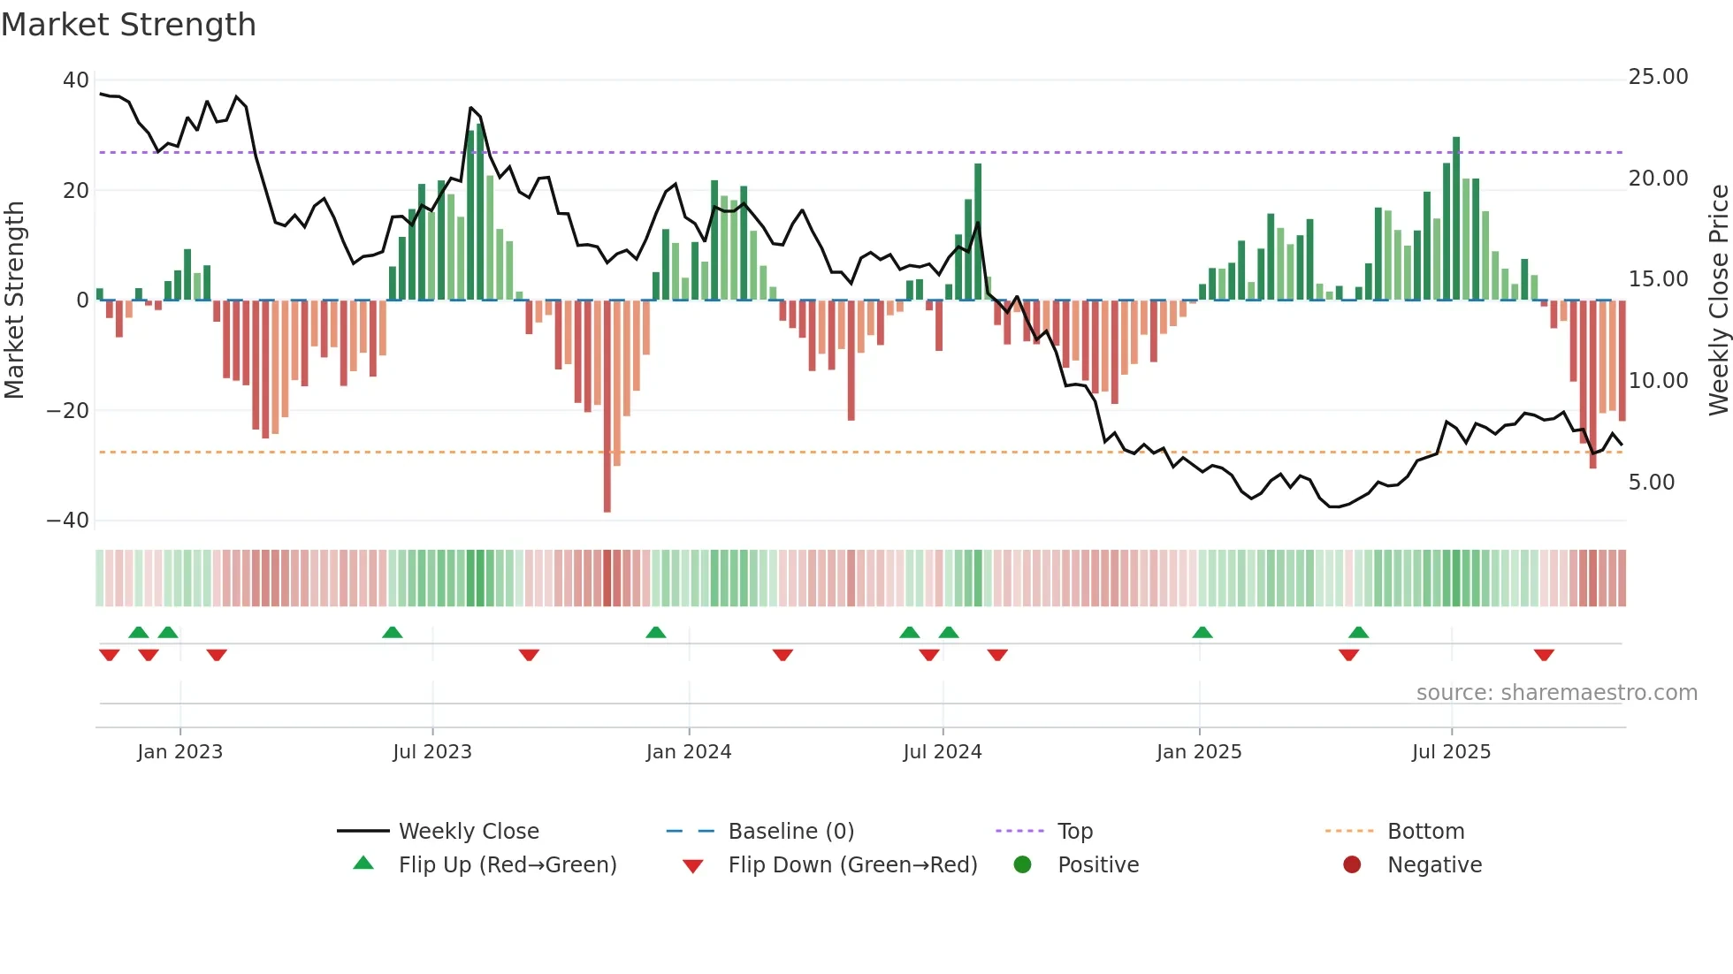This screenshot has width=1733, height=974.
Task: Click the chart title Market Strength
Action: [128, 25]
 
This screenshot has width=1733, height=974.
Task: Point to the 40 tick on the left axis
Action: [76, 80]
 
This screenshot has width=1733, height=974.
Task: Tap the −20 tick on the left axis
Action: [68, 411]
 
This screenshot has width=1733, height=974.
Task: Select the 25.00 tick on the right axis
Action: [1658, 77]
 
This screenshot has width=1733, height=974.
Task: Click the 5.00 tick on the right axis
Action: [1651, 483]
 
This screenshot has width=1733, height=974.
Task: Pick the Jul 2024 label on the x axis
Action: [942, 752]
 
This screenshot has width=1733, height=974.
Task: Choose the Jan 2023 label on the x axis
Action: [179, 752]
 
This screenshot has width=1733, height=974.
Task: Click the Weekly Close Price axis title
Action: [1718, 301]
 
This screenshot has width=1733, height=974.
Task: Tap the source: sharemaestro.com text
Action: [1556, 693]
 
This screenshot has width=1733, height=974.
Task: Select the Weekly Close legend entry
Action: [468, 832]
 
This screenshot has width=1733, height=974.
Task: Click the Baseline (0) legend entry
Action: [790, 832]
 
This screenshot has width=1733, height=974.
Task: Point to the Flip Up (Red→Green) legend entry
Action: [507, 865]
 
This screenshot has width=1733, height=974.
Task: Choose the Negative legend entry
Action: [1433, 865]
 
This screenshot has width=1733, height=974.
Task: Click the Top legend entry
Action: [1074, 832]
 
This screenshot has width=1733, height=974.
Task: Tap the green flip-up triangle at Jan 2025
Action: [1202, 633]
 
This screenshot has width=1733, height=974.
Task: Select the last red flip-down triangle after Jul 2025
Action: [1544, 655]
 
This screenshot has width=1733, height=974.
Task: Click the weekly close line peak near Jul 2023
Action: [471, 108]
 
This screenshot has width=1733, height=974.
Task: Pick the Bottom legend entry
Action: [1425, 832]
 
